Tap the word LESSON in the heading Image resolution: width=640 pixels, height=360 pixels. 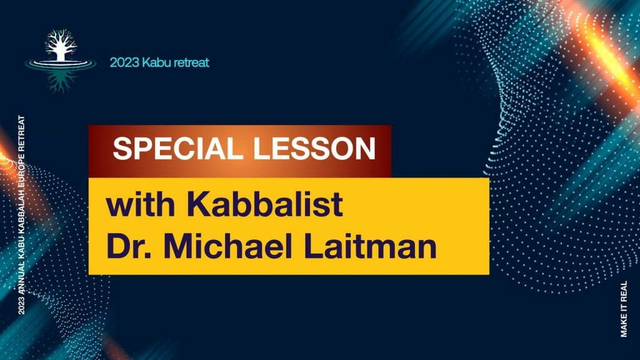click(314, 148)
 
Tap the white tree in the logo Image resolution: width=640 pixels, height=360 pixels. click(61, 45)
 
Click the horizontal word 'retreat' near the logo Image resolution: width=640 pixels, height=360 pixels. click(191, 62)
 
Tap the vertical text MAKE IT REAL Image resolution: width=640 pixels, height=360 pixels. click(624, 309)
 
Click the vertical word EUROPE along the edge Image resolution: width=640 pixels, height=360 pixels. click(21, 171)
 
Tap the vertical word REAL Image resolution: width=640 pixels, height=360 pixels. click(624, 291)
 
